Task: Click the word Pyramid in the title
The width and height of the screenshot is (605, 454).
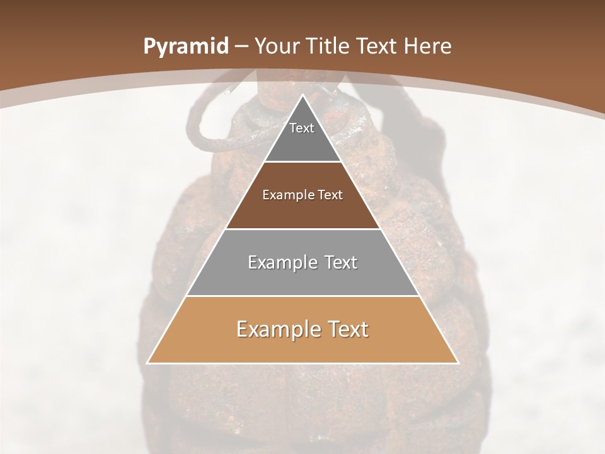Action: click(x=185, y=47)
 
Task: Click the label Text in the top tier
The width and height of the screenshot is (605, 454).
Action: click(x=302, y=128)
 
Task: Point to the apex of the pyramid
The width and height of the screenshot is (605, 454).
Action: click(x=302, y=96)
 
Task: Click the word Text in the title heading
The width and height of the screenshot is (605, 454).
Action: click(x=380, y=47)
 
